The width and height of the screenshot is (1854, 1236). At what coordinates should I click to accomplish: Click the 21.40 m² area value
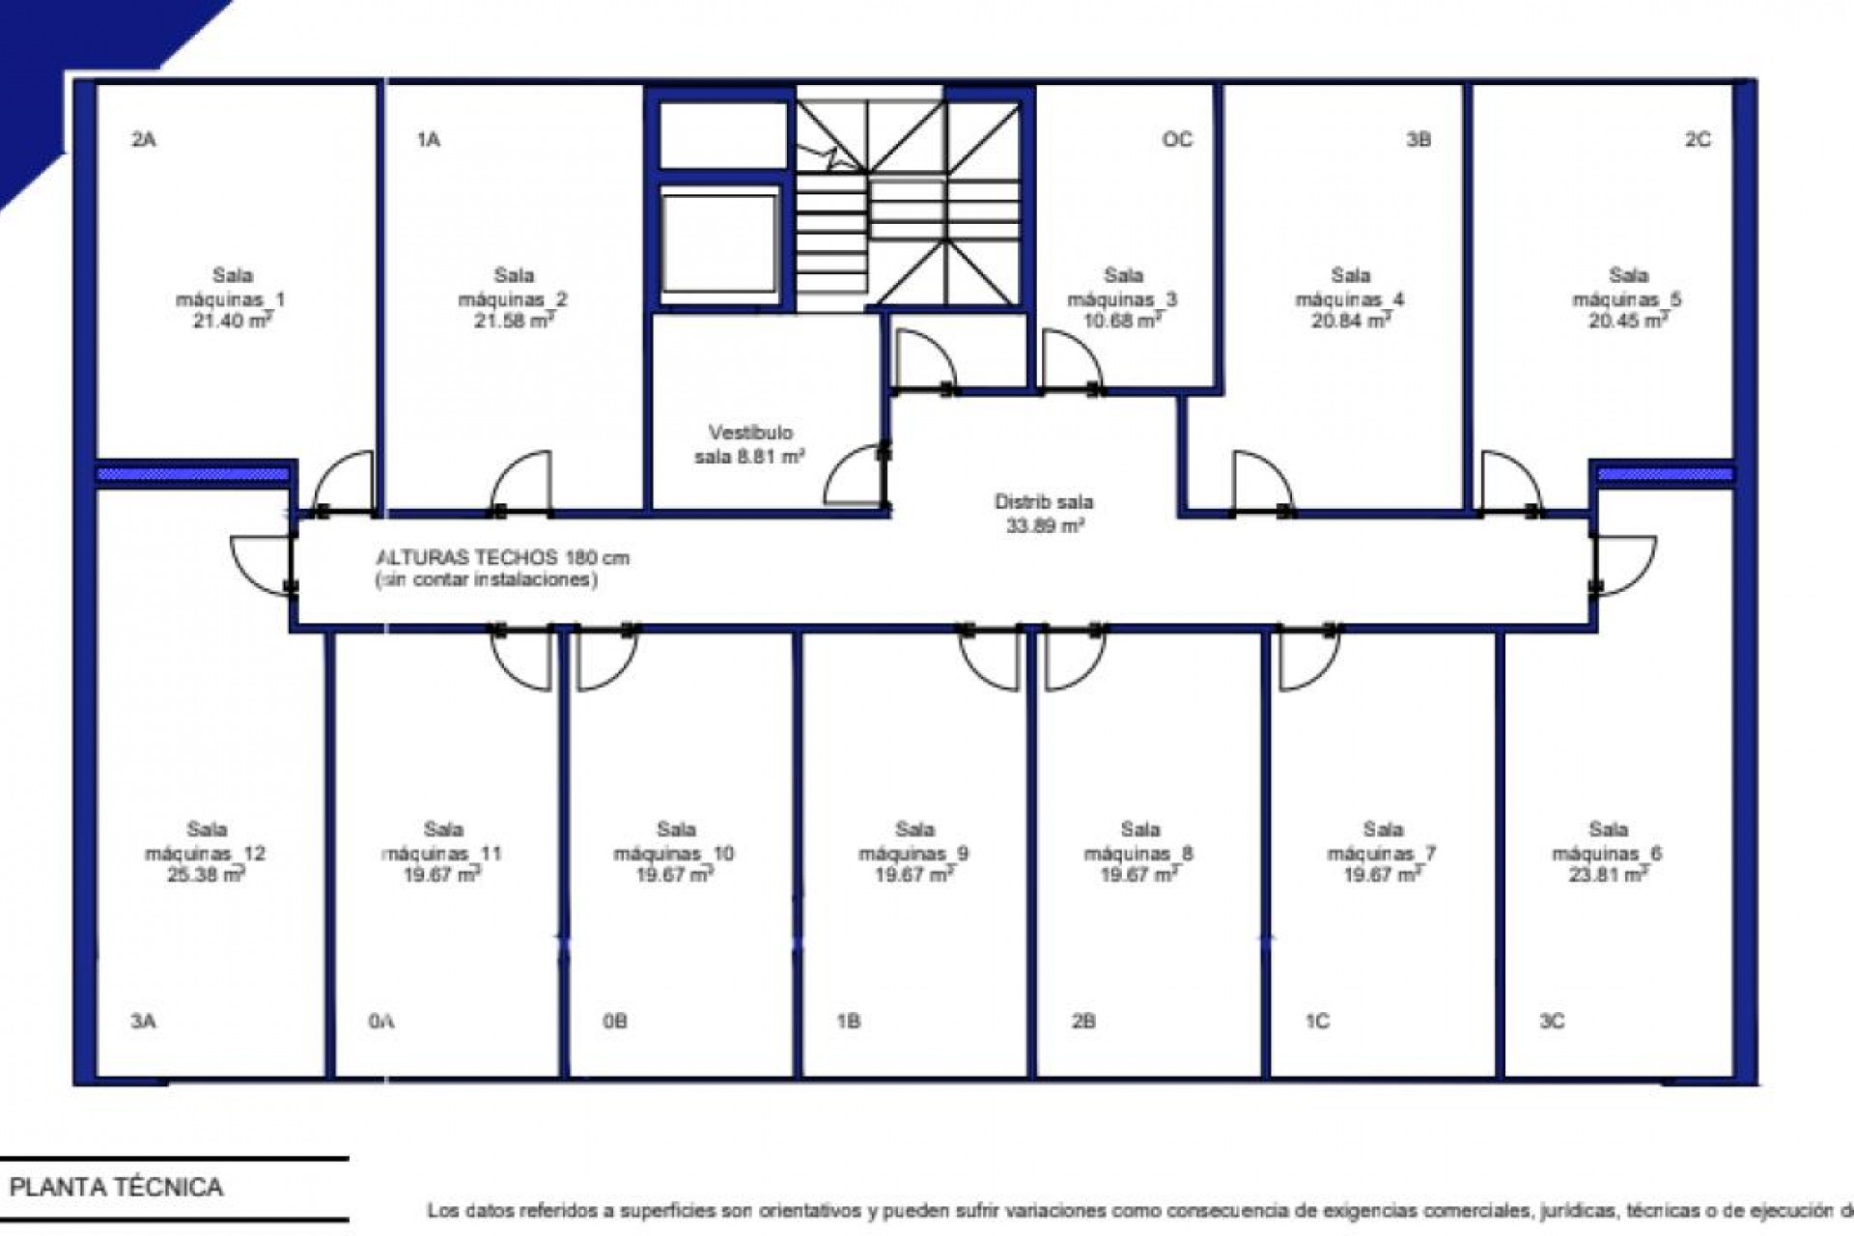[232, 322]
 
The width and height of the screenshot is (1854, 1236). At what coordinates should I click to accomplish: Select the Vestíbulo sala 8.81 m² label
[750, 444]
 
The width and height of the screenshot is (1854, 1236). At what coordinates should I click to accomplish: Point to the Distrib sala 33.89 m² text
[1044, 514]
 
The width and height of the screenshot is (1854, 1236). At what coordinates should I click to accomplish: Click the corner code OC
[1177, 140]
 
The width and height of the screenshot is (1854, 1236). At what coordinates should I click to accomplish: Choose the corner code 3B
[1418, 140]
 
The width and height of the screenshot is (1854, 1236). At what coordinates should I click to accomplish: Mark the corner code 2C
[1698, 140]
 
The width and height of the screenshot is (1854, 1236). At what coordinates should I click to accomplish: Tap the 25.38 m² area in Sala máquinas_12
[207, 875]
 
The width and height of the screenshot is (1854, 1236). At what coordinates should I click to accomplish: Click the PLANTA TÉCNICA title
[117, 1187]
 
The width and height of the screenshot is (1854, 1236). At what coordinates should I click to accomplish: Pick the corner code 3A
[143, 1022]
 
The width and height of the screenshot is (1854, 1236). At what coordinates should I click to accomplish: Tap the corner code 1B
[848, 1022]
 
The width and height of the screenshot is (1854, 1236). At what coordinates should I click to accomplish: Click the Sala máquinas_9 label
[913, 841]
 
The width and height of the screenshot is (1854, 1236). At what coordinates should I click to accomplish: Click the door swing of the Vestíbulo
[855, 475]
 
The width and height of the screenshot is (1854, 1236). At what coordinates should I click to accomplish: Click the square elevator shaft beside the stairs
[719, 240]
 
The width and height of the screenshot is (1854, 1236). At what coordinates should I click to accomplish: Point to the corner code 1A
[429, 140]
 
